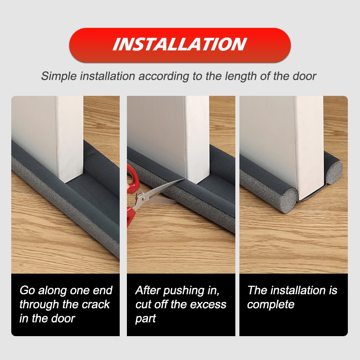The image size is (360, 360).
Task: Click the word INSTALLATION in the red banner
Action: [180, 45]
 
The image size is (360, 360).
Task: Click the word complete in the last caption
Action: [270, 304]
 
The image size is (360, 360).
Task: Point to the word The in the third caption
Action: [257, 290]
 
